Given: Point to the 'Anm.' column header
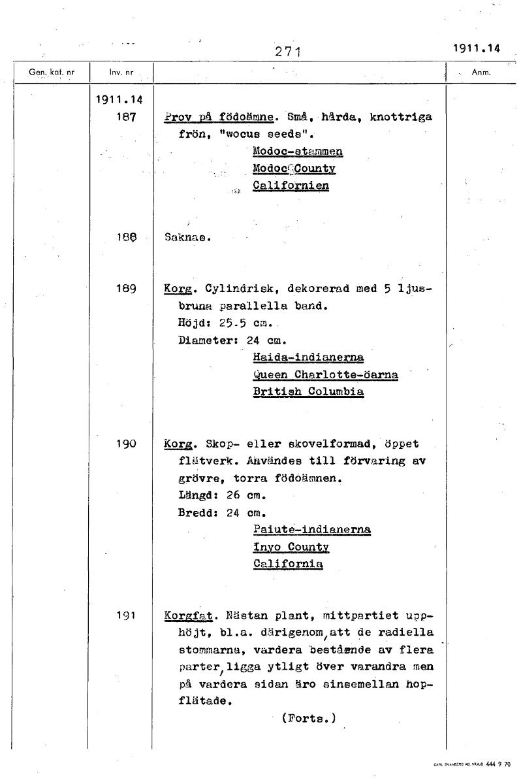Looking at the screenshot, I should [x=481, y=73].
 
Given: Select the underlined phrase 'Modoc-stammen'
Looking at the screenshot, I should [x=298, y=152].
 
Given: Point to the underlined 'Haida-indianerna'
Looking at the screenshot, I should [x=308, y=357].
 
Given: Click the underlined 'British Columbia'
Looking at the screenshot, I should [x=308, y=392].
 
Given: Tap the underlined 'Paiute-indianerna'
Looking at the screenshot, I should [x=311, y=529].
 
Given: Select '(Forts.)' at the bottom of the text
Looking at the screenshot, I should [x=309, y=719].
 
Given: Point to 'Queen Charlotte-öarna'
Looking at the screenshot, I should [x=324, y=375].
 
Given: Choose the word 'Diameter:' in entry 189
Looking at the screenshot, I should [x=209, y=340].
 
